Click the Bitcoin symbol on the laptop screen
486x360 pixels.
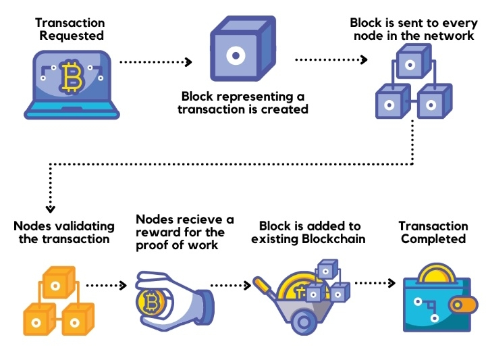coord(72,76)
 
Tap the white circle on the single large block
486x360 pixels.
coord(236,55)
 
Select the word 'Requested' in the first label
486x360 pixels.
coord(72,36)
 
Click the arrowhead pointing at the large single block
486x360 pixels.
coord(188,62)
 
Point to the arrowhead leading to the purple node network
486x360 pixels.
coord(364,59)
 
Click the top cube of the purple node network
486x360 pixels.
coord(414,61)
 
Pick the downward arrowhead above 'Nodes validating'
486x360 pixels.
coord(50,209)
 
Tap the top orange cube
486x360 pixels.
coord(59,282)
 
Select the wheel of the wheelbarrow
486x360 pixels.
coord(304,322)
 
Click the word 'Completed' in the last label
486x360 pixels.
coord(433,239)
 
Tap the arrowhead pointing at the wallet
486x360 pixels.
coord(391,283)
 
